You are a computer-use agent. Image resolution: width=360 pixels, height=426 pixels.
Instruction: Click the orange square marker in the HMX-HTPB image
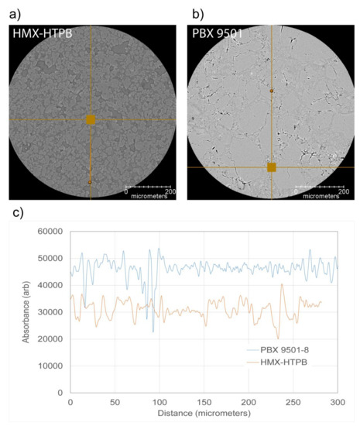point(91,119)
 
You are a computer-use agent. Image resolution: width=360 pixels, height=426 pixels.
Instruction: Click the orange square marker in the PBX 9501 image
point(271,167)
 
